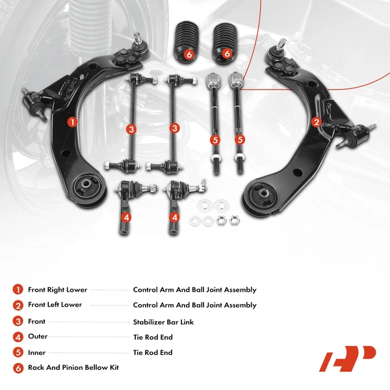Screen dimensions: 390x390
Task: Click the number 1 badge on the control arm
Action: [71, 121]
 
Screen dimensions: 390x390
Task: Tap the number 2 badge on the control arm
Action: [317, 122]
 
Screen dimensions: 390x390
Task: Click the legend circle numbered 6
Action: [17, 368]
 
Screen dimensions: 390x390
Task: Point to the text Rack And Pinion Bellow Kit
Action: [73, 368]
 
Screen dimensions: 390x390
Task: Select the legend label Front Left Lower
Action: [55, 305]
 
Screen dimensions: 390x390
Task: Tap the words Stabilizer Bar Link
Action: [163, 322]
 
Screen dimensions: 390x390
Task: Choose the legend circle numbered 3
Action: [17, 321]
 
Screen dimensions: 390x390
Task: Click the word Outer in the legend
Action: [38, 337]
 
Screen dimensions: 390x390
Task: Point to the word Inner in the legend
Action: [37, 352]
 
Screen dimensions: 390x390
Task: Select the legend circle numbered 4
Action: [17, 337]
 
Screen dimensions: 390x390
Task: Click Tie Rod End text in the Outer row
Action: [153, 337]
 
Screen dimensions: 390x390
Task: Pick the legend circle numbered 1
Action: [17, 290]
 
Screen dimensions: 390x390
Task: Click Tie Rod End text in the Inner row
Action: [153, 353]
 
